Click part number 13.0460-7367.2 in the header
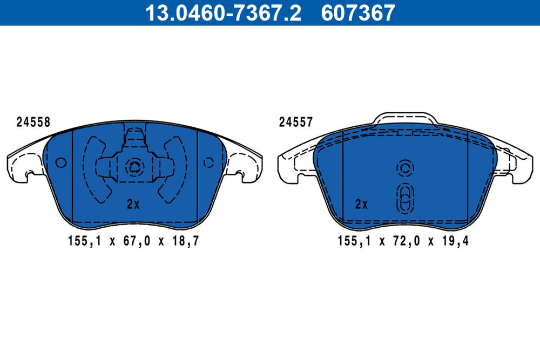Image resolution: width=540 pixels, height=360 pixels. coord(223,13)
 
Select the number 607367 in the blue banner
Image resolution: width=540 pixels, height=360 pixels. coord(358,13)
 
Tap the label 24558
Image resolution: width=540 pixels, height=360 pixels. coord(33,122)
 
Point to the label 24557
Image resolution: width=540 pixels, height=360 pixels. coord(296,122)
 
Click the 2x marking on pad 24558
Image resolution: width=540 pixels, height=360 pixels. coord(133,204)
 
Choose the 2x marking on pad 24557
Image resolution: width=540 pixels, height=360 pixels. coord(361,204)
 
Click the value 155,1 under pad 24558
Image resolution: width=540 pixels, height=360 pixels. coord(85,241)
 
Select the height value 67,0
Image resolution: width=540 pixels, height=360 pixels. coord(137,241)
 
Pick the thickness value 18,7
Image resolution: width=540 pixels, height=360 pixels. coord(186,241)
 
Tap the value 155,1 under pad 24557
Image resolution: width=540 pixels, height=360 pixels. coord(354,241)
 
